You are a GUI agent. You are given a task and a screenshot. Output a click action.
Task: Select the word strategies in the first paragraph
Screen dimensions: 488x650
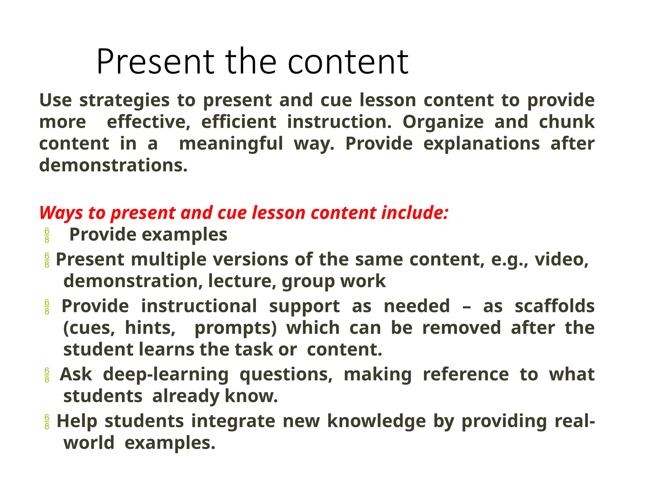click(x=124, y=100)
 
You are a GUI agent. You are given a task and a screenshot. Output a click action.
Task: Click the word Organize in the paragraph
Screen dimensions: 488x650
click(x=443, y=122)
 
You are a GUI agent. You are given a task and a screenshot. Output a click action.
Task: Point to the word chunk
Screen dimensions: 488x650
click(x=567, y=122)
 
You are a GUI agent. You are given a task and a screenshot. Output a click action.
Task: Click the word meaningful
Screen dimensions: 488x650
click(x=231, y=144)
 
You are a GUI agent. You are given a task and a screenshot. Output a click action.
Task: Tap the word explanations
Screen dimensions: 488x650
click(x=481, y=144)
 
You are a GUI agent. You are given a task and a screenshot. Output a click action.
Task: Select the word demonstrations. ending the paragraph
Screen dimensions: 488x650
click(x=113, y=165)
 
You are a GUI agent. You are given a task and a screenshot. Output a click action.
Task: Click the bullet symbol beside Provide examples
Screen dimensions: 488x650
click(x=47, y=235)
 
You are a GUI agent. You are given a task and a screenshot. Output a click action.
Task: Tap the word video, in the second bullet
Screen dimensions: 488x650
click(x=561, y=260)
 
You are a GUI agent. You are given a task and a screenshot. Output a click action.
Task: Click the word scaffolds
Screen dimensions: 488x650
click(x=554, y=306)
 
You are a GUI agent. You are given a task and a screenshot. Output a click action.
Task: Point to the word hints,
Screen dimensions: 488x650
click(x=150, y=328)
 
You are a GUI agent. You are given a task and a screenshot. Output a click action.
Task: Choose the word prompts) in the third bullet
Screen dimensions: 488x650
click(x=235, y=328)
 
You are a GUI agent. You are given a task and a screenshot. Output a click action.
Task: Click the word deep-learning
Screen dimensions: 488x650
click(x=166, y=374)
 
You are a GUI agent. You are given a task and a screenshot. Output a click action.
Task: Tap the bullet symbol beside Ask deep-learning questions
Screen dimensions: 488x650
click(x=47, y=375)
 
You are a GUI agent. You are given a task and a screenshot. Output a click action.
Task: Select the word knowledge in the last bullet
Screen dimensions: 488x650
click(x=376, y=421)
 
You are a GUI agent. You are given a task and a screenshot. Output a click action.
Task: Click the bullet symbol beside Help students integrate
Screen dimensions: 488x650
click(x=47, y=422)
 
